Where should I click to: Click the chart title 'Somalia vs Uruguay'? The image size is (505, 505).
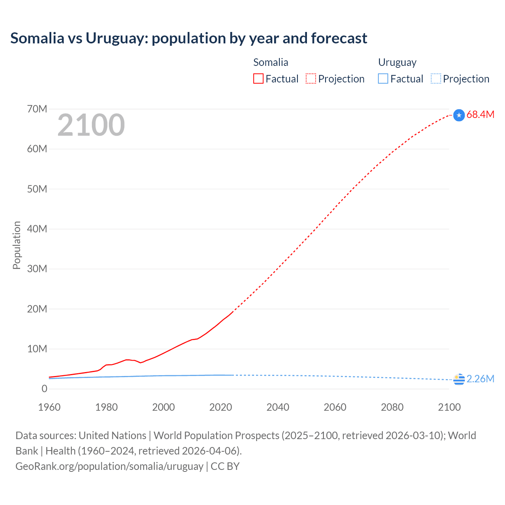tap(189, 38)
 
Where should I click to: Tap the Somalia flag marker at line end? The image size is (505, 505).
tap(459, 115)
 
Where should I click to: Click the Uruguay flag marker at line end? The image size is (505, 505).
tap(459, 379)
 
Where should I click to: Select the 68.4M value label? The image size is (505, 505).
tap(480, 115)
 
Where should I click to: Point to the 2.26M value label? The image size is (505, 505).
tap(480, 379)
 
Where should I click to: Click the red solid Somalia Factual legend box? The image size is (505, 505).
tap(258, 79)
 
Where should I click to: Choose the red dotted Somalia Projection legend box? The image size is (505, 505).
tap(311, 79)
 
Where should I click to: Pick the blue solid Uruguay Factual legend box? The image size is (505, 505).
tap(383, 79)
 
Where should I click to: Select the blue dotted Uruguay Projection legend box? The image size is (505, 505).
tap(436, 79)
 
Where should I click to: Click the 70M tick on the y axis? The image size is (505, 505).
tap(37, 109)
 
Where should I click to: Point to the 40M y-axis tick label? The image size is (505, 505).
tap(37, 229)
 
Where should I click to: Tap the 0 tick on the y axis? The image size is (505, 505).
tap(44, 389)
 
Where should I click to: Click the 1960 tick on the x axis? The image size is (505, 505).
tap(49, 407)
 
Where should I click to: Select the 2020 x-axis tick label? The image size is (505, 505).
tap(221, 407)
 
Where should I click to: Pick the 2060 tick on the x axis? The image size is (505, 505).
tap(335, 407)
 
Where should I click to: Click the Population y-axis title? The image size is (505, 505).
tap(17, 245)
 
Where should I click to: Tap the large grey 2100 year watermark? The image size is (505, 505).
tap(91, 125)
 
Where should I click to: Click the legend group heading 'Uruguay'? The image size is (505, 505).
tap(397, 62)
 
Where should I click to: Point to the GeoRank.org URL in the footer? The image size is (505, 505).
tap(109, 466)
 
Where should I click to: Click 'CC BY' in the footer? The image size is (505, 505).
tap(225, 466)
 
